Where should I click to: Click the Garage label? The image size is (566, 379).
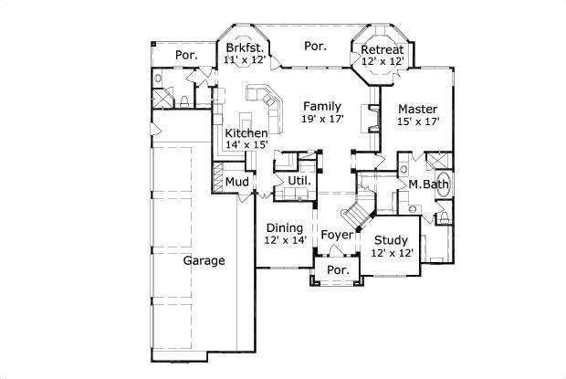click(x=204, y=260)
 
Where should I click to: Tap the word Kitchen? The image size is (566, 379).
click(x=246, y=133)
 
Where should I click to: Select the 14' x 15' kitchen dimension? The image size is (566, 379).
click(x=246, y=145)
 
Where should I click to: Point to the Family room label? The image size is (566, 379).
click(x=322, y=106)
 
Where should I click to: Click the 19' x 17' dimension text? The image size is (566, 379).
click(x=322, y=119)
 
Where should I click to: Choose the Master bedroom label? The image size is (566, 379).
click(x=417, y=108)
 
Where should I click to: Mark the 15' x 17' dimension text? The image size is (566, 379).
click(x=418, y=121)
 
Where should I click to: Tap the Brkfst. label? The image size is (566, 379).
click(x=244, y=47)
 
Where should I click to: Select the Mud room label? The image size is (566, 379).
click(x=237, y=182)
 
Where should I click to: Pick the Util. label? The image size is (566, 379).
click(x=299, y=181)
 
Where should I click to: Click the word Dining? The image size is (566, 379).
click(x=285, y=227)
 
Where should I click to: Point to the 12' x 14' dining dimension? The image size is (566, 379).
click(x=286, y=240)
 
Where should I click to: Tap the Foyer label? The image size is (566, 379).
click(x=336, y=236)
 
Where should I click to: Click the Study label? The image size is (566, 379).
click(x=393, y=240)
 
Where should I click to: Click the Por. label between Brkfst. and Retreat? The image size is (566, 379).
click(x=315, y=46)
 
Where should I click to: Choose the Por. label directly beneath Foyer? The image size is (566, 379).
click(x=338, y=270)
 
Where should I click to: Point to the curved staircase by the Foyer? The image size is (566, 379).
click(x=357, y=215)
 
